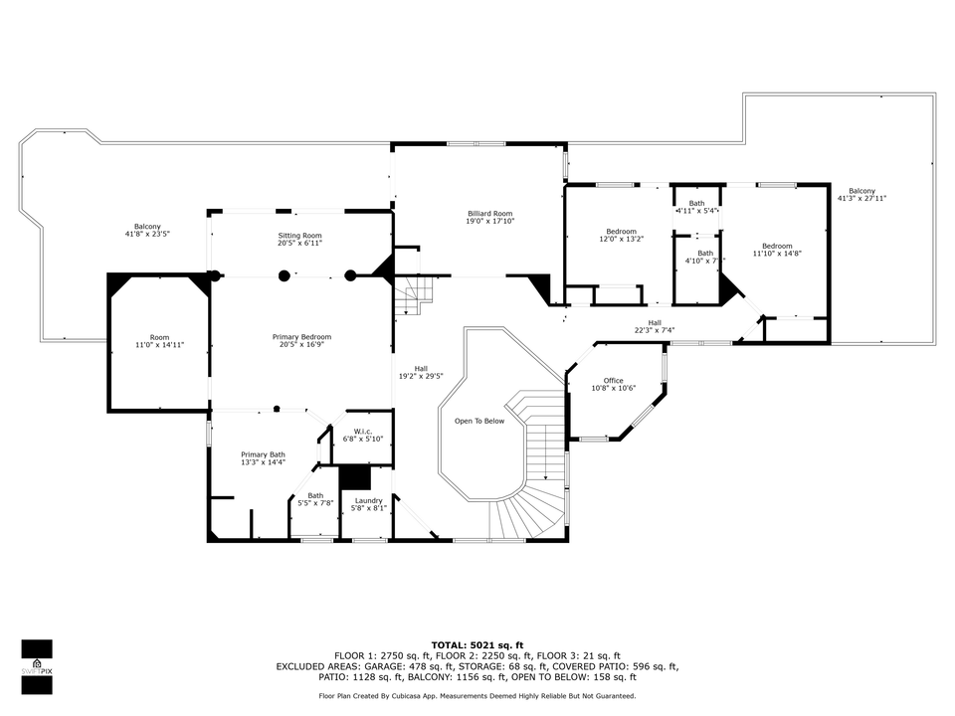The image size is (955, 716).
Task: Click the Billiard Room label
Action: click(x=490, y=214)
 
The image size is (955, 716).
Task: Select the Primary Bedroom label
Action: click(x=301, y=337)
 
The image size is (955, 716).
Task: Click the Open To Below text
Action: click(x=479, y=421)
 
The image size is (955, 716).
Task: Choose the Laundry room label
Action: click(x=368, y=500)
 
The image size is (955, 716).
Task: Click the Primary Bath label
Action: click(x=263, y=454)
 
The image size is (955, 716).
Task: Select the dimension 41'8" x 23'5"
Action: click(x=147, y=234)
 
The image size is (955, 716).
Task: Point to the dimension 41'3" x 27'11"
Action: click(x=861, y=198)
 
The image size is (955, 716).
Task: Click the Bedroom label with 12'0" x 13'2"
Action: click(x=621, y=232)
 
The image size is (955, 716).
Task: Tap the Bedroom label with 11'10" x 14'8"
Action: click(x=777, y=246)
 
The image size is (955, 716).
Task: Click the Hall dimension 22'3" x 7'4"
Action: click(x=655, y=330)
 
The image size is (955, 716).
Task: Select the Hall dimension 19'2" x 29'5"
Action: click(x=421, y=376)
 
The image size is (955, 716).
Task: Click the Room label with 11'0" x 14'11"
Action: click(x=159, y=337)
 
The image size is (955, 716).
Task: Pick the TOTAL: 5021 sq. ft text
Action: click(x=477, y=644)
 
